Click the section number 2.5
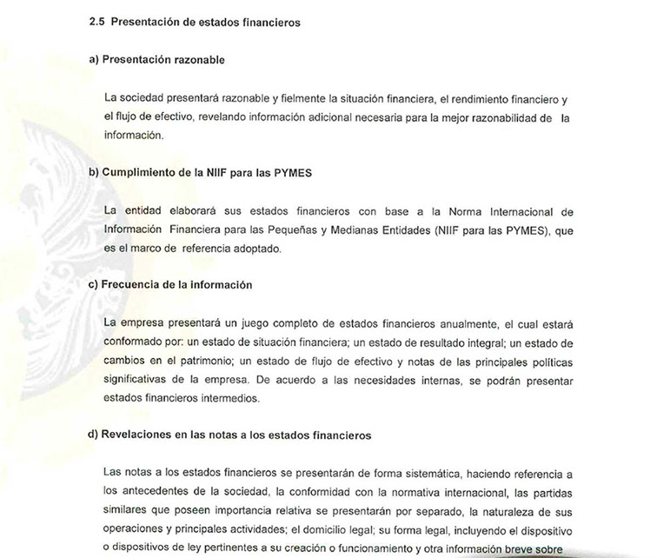(x=96, y=23)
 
